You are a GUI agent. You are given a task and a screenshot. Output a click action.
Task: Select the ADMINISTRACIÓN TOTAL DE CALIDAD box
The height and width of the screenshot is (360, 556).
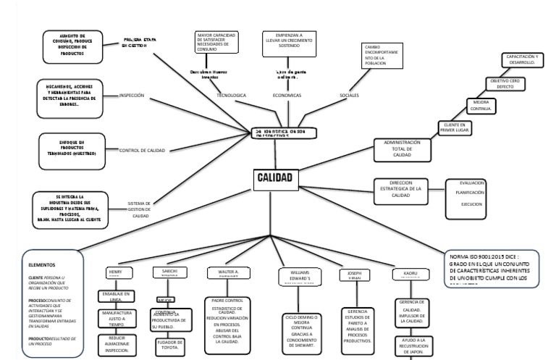click(402, 149)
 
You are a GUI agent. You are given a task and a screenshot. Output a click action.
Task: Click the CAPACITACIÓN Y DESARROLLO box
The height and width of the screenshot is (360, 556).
click(521, 59)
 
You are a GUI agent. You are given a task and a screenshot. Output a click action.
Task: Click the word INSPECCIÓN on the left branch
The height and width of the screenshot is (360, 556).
click(136, 95)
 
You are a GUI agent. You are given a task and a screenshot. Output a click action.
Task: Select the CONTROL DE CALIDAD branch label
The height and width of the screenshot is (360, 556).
click(142, 150)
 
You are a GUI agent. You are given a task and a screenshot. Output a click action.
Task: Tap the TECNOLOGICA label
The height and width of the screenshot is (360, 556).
click(232, 95)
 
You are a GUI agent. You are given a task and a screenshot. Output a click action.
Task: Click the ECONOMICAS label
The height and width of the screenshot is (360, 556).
click(287, 95)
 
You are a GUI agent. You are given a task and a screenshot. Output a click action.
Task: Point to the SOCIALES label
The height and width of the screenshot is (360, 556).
click(349, 95)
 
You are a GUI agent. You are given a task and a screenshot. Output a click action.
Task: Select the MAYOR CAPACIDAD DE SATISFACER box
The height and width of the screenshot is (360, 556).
click(216, 43)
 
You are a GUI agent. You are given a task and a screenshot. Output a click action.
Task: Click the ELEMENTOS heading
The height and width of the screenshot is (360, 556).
click(42, 265)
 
